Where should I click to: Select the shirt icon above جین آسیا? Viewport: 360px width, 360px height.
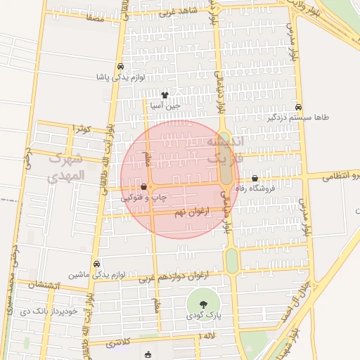[x=165, y=94]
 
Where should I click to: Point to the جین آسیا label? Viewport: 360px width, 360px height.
[x=165, y=105]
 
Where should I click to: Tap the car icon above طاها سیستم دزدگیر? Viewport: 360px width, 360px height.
[x=299, y=107]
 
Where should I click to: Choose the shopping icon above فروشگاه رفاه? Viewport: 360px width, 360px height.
[x=255, y=179]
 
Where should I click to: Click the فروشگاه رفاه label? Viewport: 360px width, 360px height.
[x=259, y=188]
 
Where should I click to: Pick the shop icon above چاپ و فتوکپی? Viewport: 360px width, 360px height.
[x=144, y=187]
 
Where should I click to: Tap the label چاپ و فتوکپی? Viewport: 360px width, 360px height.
[x=145, y=198]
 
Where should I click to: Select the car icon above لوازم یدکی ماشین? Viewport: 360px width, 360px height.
[x=96, y=264]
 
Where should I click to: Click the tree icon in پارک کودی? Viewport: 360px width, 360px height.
[x=204, y=304]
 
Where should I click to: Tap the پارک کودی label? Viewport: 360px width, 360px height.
[x=204, y=316]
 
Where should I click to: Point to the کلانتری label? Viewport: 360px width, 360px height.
[x=119, y=345]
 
